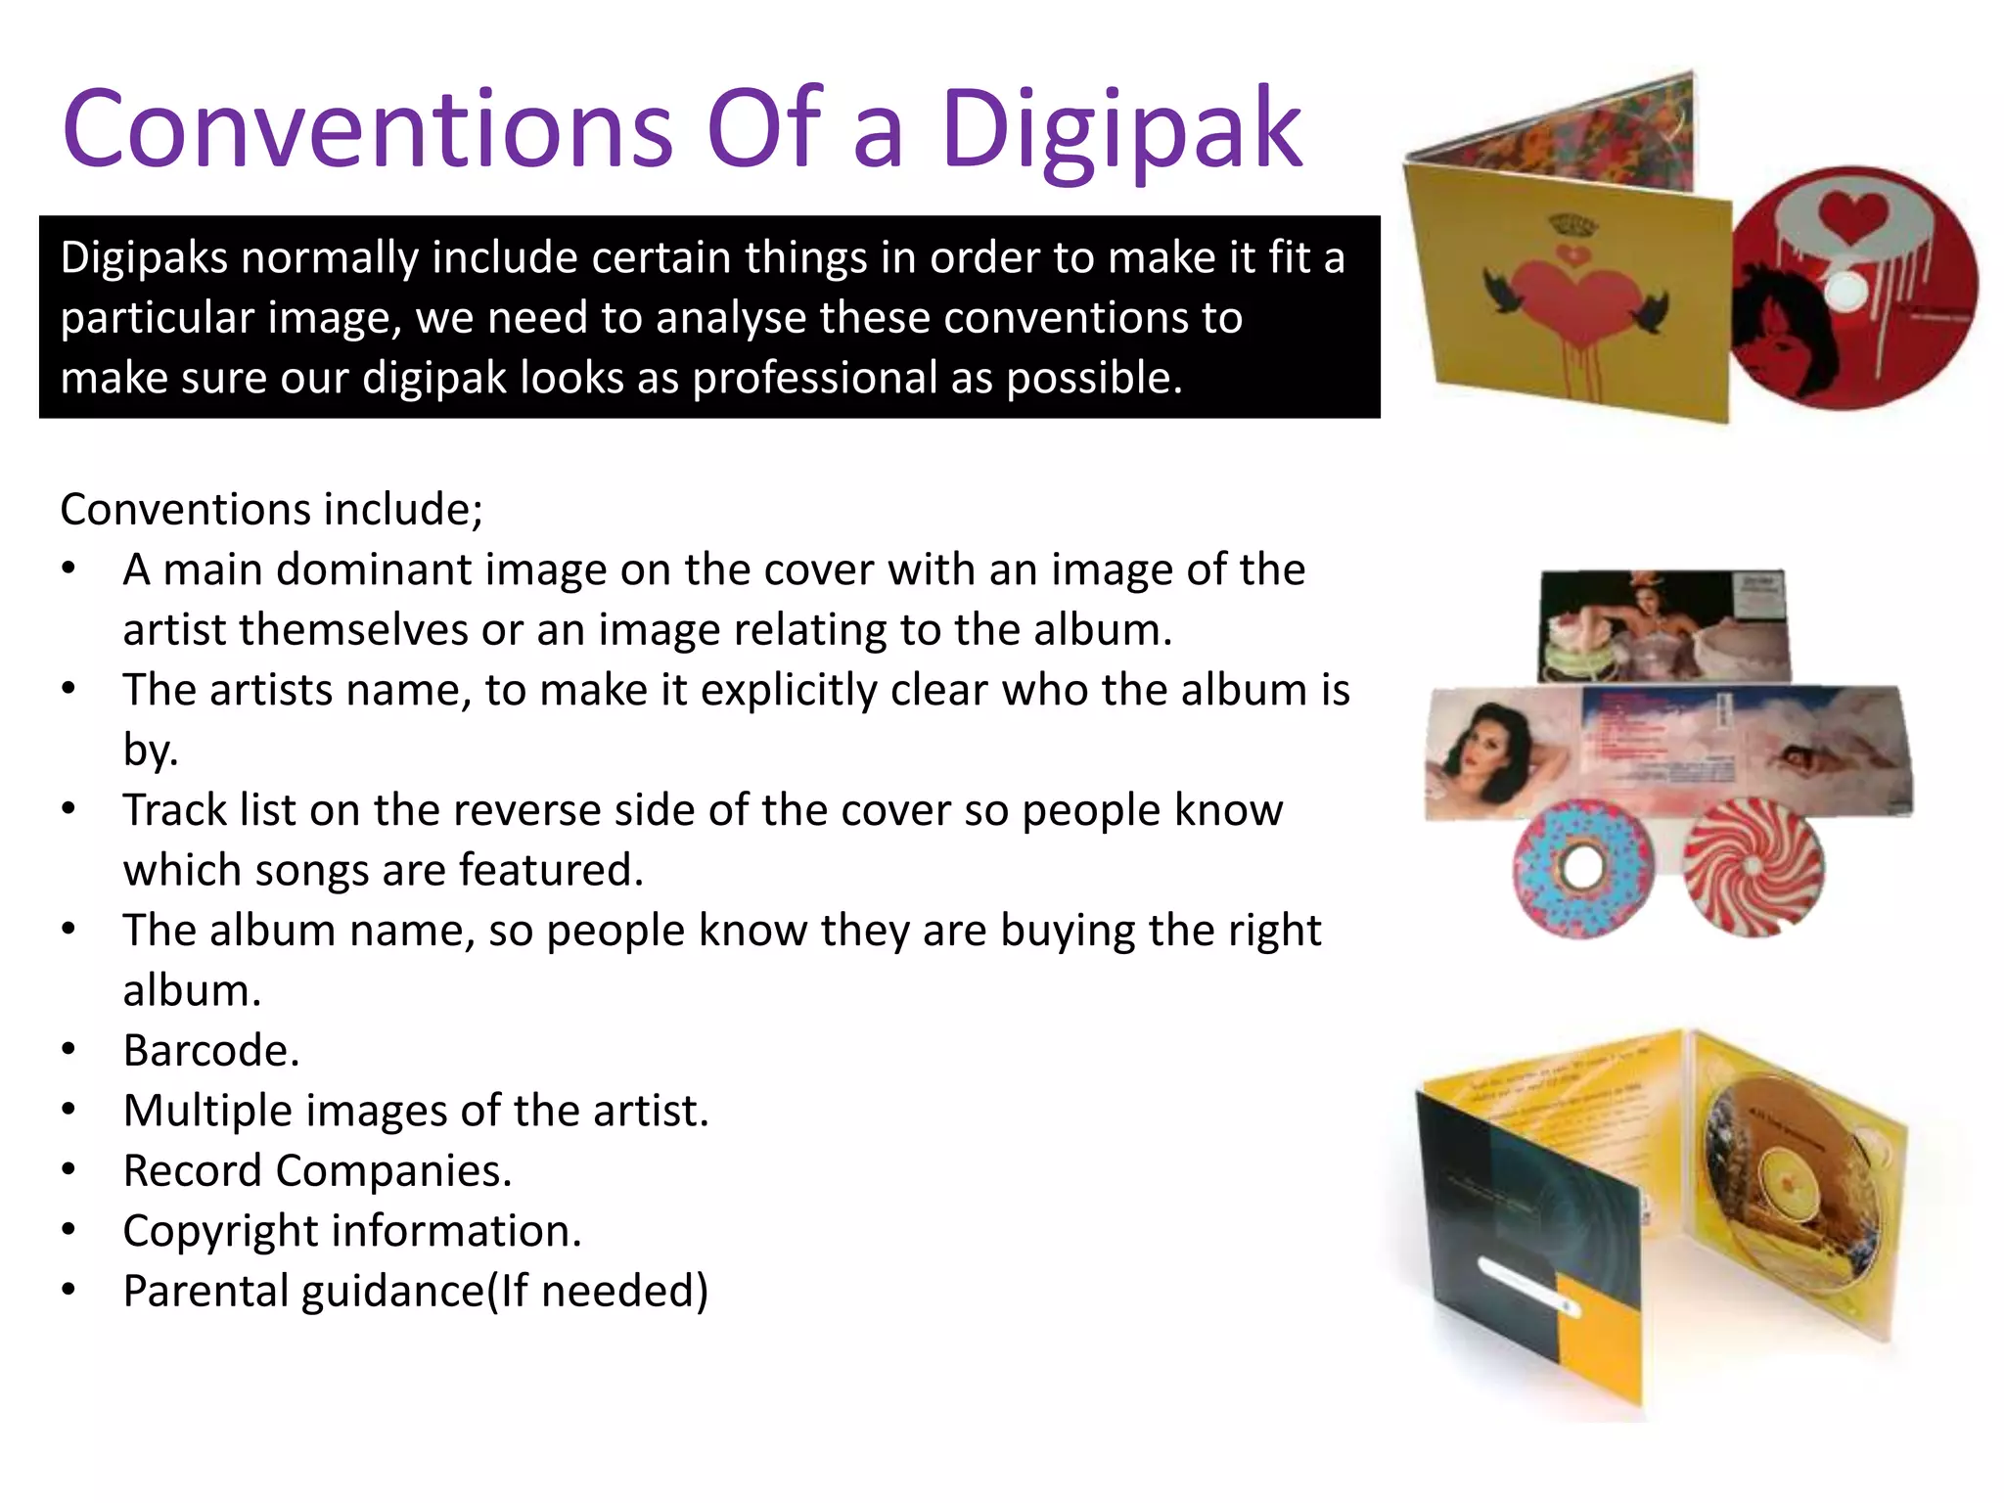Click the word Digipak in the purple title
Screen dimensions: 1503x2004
point(1121,131)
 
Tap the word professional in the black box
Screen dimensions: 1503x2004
point(815,378)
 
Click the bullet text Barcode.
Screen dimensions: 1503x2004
point(211,1051)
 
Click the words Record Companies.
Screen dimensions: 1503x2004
point(317,1171)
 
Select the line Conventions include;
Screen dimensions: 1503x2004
point(271,510)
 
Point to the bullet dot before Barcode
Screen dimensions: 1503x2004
point(68,1050)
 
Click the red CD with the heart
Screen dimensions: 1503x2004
point(1854,289)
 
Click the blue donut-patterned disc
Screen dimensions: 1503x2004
point(1581,869)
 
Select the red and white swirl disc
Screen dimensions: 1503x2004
point(1753,867)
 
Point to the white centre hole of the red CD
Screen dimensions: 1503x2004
point(1845,290)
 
